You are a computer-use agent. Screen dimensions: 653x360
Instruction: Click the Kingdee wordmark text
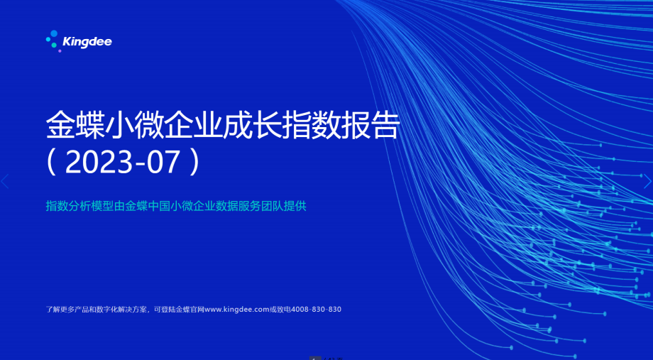tap(87, 42)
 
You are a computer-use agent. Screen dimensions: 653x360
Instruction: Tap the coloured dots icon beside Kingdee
tap(53, 41)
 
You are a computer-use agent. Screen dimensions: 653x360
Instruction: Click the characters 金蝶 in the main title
tap(75, 124)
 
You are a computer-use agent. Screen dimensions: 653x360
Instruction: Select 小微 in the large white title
tap(135, 124)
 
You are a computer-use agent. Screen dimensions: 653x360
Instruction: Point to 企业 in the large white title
tap(194, 124)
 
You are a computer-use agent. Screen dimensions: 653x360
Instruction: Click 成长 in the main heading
tap(253, 124)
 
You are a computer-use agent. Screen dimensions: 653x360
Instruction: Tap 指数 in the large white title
tap(312, 124)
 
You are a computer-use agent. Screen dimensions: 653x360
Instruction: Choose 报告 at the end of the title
tap(371, 124)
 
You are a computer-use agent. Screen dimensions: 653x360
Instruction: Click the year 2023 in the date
tap(99, 162)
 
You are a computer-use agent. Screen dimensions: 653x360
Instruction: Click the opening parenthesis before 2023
tap(51, 162)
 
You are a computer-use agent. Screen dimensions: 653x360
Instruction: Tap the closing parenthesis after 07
tap(194, 162)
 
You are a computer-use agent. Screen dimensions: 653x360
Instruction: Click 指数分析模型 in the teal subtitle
tap(79, 206)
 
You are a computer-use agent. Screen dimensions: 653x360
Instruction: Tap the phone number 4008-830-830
tap(316, 309)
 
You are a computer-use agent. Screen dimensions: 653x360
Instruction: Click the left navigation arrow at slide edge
tap(5, 181)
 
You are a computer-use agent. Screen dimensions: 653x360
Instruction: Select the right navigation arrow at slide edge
tap(647, 181)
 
